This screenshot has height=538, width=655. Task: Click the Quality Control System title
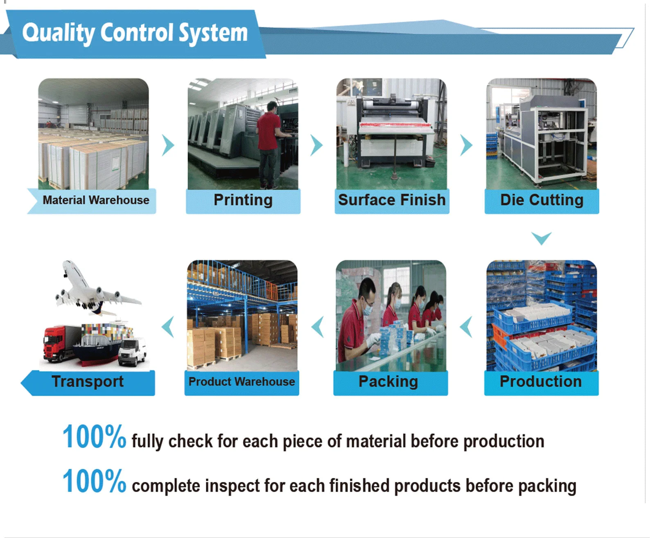tap(135, 33)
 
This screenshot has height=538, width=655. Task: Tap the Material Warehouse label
tap(96, 200)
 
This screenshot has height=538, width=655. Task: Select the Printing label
tap(243, 200)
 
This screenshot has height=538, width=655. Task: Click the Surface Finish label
tap(392, 200)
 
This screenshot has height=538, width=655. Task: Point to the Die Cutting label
tap(542, 200)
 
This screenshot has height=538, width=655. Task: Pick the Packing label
tap(388, 382)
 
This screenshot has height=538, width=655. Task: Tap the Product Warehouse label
tap(242, 381)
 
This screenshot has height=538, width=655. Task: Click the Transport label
tap(88, 382)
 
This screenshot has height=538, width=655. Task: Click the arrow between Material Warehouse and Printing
tap(168, 145)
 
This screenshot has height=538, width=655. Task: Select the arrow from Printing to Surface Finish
tap(317, 145)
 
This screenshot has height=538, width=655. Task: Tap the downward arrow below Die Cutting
tap(541, 238)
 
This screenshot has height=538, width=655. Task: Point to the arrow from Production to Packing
tap(466, 327)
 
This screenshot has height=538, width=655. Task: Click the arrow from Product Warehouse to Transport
tap(168, 327)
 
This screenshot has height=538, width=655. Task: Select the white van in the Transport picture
tap(132, 352)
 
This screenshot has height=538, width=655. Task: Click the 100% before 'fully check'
tap(94, 437)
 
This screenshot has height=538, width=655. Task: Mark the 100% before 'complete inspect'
tap(94, 481)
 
